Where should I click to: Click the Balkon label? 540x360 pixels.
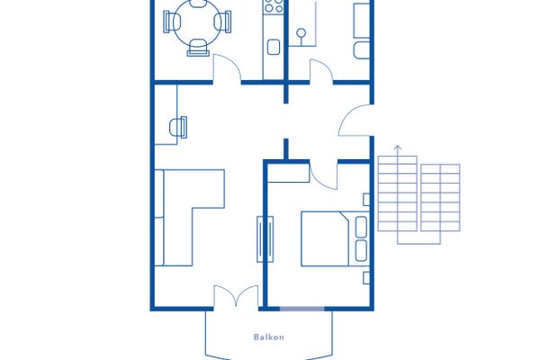[268, 337]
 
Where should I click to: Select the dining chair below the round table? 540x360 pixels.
[198, 48]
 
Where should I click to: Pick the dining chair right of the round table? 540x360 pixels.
[223, 22]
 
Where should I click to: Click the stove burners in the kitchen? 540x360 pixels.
[274, 6]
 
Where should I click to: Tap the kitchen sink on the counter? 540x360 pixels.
[274, 47]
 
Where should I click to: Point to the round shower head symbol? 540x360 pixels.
[301, 33]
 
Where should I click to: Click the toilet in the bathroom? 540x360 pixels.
[362, 50]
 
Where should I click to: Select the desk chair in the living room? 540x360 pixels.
[178, 127]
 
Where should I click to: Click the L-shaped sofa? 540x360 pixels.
[190, 218]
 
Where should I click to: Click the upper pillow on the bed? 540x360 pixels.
[361, 227]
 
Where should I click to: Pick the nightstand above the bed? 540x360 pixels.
[366, 200]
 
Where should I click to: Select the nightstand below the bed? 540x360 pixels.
[366, 278]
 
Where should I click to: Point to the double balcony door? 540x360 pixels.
[236, 296]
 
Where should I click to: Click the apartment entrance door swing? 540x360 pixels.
[355, 120]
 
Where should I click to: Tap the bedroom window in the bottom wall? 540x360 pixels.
[302, 309]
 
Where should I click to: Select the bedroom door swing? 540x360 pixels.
[323, 175]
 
